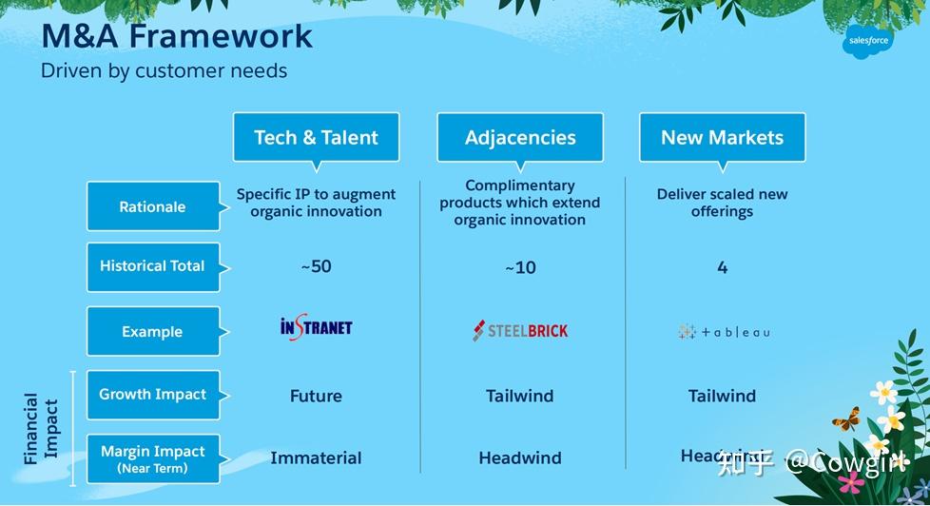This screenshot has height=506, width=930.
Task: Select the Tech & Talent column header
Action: [316, 137]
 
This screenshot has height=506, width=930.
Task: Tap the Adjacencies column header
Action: [520, 137]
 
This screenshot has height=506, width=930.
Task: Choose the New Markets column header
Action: [722, 137]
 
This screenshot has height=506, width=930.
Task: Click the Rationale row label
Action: [152, 206]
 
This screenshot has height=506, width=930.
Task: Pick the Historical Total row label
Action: [152, 266]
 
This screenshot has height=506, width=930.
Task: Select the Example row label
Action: [152, 332]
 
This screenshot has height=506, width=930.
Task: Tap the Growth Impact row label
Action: [152, 395]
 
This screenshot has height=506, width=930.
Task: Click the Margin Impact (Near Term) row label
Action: [152, 457]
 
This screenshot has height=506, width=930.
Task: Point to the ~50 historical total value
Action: [316, 266]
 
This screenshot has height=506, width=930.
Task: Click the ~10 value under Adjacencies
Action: [520, 268]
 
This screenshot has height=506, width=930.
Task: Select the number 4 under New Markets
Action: [722, 267]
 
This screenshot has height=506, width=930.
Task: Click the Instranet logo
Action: [316, 328]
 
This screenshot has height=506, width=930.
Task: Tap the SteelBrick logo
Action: [520, 331]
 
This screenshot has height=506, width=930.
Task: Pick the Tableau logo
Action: [724, 332]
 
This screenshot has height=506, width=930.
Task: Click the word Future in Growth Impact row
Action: [316, 396]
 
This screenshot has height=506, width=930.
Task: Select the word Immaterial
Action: [316, 458]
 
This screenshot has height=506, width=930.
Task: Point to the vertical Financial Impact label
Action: [41, 428]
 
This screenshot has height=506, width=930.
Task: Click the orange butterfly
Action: [845, 418]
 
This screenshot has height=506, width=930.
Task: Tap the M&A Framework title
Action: [177, 36]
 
